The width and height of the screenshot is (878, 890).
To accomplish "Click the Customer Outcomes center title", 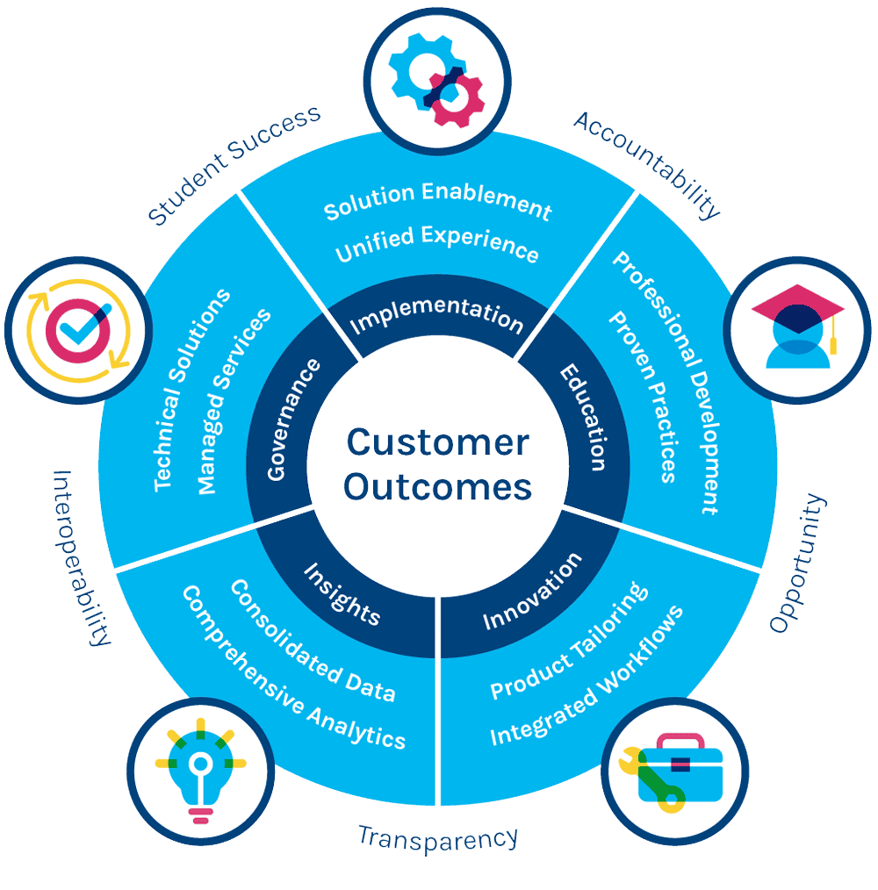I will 437,463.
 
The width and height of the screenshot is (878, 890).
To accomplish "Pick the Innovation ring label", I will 532,592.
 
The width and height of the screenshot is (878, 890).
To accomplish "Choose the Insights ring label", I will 342,593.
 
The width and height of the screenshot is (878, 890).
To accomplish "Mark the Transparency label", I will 438,836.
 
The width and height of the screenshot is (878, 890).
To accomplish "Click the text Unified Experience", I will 436,244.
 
